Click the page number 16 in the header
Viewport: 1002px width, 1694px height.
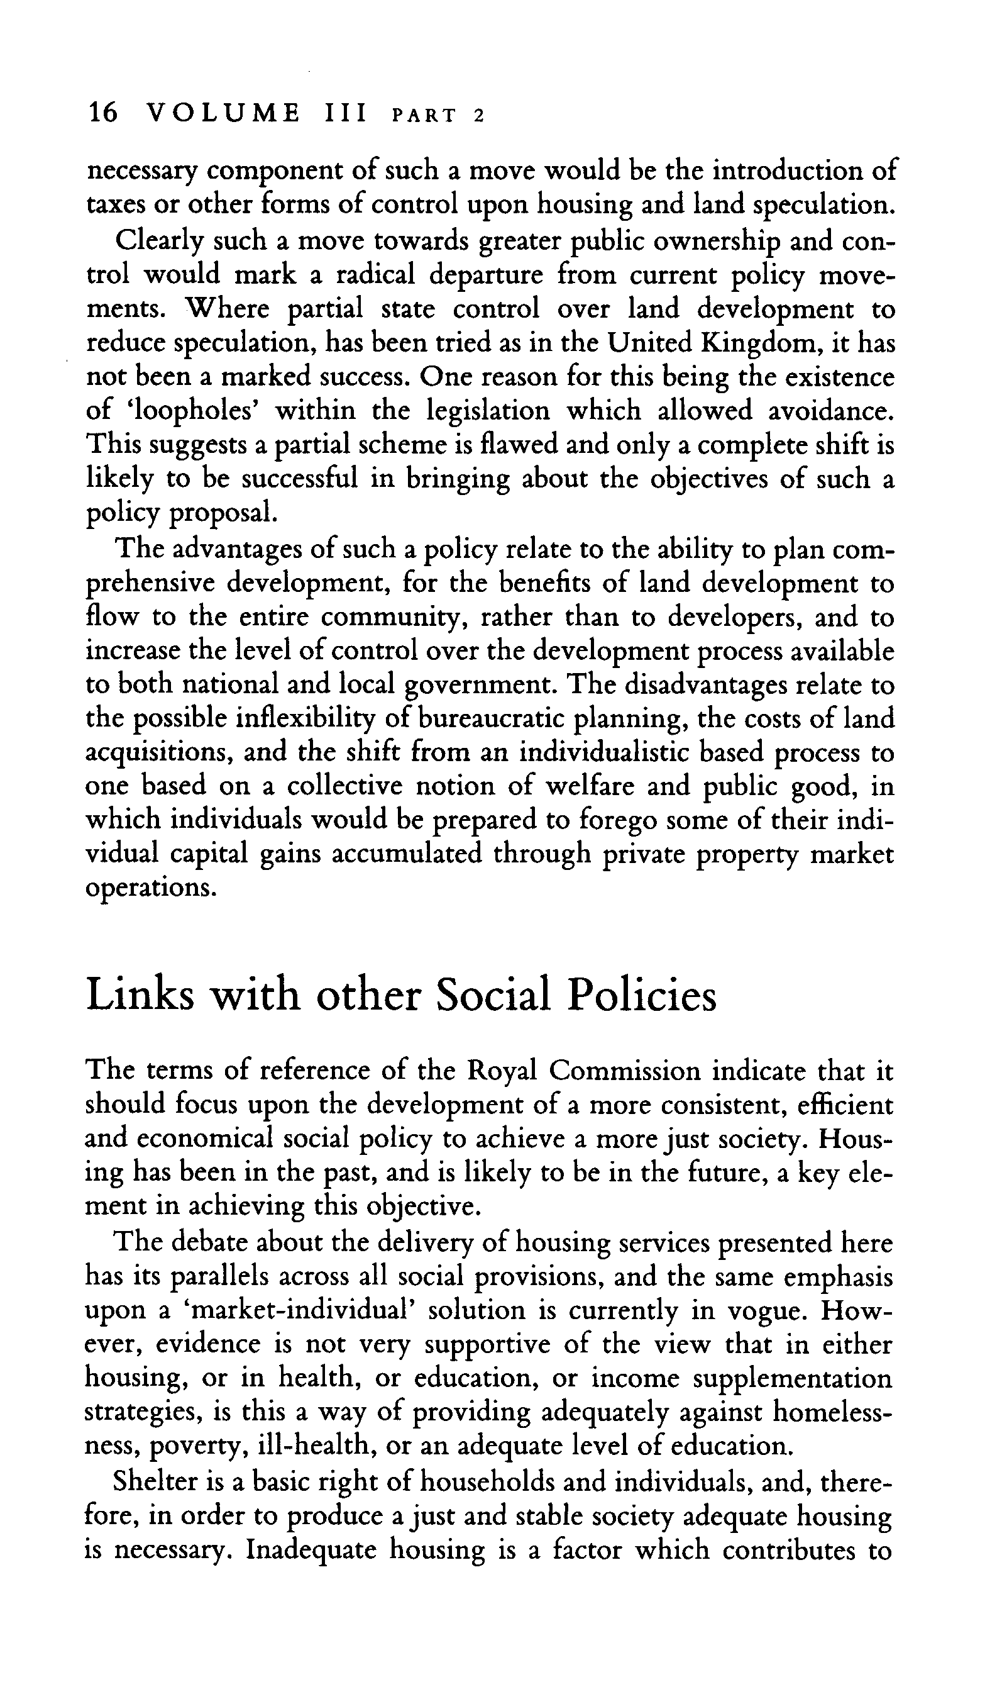pos(102,113)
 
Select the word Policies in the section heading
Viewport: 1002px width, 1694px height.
pos(641,996)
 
